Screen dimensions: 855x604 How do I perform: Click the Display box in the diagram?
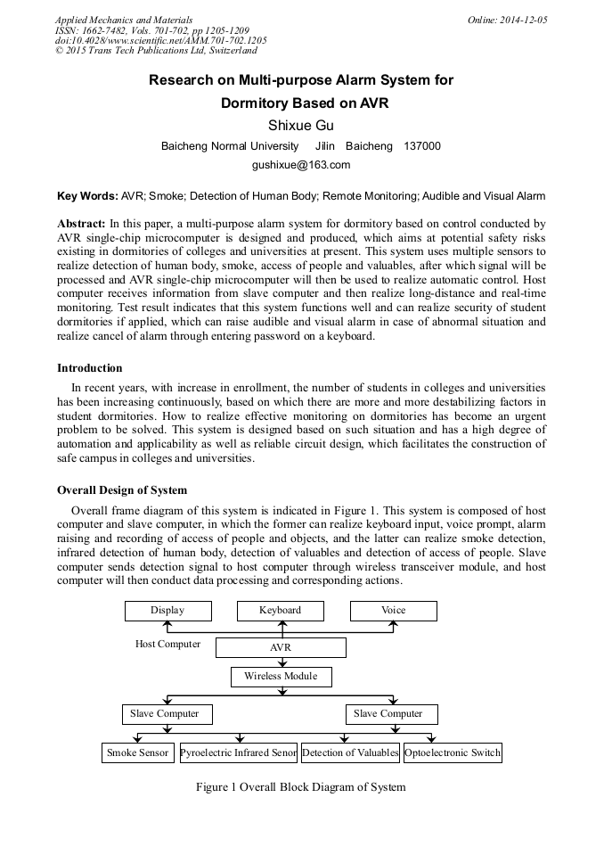(x=167, y=611)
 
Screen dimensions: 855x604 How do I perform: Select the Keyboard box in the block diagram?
(x=280, y=611)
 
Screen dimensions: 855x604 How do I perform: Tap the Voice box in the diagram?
(x=393, y=611)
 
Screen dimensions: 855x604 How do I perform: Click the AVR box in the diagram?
(x=281, y=647)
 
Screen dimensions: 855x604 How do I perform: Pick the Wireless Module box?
(x=281, y=677)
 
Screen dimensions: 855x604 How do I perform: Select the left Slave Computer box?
(x=167, y=714)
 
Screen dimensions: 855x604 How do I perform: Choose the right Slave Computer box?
(x=388, y=714)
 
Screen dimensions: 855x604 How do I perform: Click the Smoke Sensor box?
(x=137, y=753)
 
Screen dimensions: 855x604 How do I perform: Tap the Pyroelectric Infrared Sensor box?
(x=239, y=753)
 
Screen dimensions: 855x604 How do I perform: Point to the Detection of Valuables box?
(x=350, y=753)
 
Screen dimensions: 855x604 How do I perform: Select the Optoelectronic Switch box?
(x=453, y=753)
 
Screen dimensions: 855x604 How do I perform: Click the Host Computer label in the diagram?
(x=167, y=644)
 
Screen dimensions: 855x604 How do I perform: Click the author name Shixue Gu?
(x=301, y=125)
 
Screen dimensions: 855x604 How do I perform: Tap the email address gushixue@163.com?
(x=301, y=165)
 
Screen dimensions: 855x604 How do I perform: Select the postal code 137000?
(x=422, y=146)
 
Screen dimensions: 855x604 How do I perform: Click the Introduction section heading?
(x=90, y=368)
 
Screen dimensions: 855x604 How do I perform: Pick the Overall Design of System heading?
(x=122, y=490)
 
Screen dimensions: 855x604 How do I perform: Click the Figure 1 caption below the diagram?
(x=301, y=787)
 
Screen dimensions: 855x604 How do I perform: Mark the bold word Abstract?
(x=81, y=222)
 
